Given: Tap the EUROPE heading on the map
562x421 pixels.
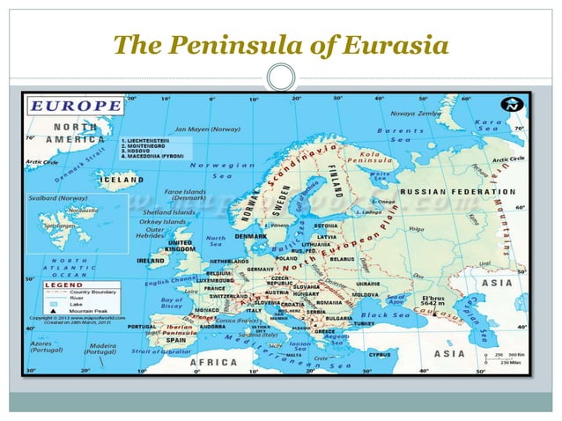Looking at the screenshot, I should [77, 106].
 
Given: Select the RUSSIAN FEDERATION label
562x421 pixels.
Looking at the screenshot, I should [457, 191].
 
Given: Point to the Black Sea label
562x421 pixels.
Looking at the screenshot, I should [385, 314].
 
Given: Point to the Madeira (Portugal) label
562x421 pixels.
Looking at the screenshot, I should [100, 349].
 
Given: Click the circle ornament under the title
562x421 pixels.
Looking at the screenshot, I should [280, 78].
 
